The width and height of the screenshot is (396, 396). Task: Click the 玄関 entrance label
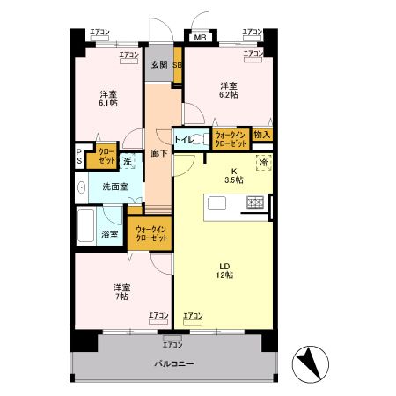point(158,64)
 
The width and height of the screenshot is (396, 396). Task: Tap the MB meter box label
point(200,38)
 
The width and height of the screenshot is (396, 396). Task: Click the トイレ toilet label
point(185,140)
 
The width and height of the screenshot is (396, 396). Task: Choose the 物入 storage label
point(261,135)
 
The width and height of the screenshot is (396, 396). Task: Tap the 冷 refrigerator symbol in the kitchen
point(262,163)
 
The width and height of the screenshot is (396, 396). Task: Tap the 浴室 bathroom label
point(111,235)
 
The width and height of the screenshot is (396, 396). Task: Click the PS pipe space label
point(79,157)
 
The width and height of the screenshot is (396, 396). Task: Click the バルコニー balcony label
point(174,364)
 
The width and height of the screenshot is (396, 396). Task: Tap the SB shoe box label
point(177,64)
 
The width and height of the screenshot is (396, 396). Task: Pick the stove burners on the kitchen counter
point(256,204)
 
